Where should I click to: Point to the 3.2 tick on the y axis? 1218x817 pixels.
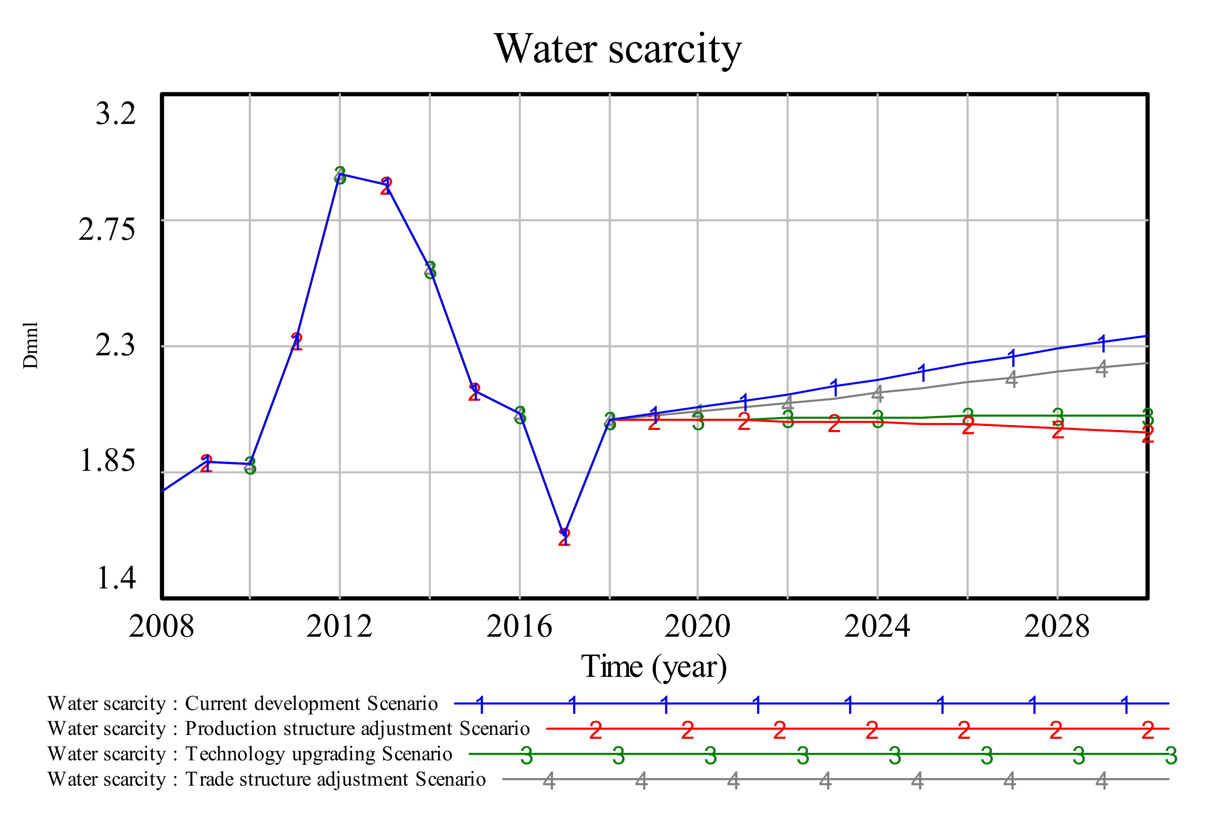(x=115, y=113)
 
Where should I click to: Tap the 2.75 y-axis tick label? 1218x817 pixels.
(x=106, y=229)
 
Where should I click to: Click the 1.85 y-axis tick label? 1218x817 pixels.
(x=106, y=461)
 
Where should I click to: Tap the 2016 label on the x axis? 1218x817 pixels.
(x=519, y=626)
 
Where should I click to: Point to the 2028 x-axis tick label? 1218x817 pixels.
(x=1057, y=626)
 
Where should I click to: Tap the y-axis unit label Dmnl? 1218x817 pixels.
(x=30, y=345)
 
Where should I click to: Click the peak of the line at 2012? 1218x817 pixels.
(x=340, y=174)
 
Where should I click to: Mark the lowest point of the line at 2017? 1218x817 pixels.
(x=564, y=534)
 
